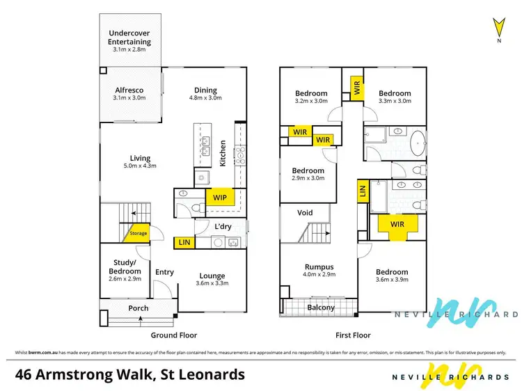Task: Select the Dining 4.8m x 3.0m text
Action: point(205,94)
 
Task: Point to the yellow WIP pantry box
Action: point(220,198)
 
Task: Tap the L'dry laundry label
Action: point(222,227)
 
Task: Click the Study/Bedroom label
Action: point(127,271)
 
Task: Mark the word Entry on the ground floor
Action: point(164,272)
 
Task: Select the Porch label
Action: point(140,308)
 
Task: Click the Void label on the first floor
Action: point(305,213)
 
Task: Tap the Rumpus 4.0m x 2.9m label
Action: point(319,271)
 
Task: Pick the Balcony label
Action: point(321,308)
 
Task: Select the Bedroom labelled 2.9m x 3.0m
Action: point(308,175)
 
